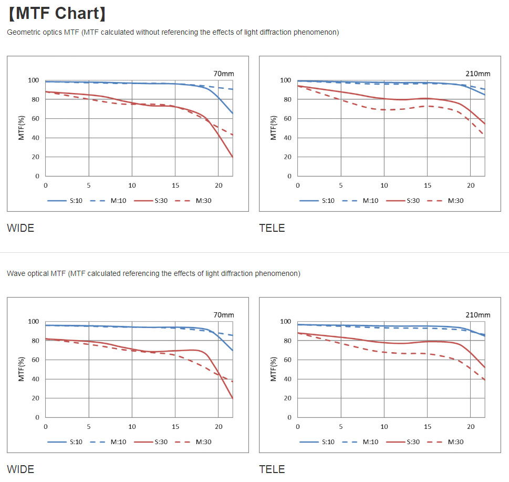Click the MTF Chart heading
pyautogui.click(x=57, y=13)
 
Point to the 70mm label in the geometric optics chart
pyautogui.click(x=223, y=73)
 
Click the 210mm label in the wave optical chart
pyautogui.click(x=477, y=315)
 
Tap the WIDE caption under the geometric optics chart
pyautogui.click(x=20, y=228)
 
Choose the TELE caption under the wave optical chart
pyautogui.click(x=272, y=469)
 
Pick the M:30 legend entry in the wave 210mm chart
pyautogui.click(x=455, y=442)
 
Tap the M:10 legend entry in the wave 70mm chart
pyautogui.click(x=118, y=442)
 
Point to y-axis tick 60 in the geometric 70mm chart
pyautogui.click(x=35, y=119)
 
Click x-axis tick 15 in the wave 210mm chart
pyautogui.click(x=428, y=427)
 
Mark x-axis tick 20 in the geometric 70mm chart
pyautogui.click(x=219, y=186)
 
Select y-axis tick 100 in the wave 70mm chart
pyautogui.click(x=33, y=321)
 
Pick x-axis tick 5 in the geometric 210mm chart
pyautogui.click(x=341, y=186)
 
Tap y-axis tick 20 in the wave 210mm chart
pyautogui.click(x=287, y=398)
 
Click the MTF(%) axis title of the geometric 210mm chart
pyautogui.click(x=274, y=128)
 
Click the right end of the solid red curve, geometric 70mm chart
pyautogui.click(x=232, y=157)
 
